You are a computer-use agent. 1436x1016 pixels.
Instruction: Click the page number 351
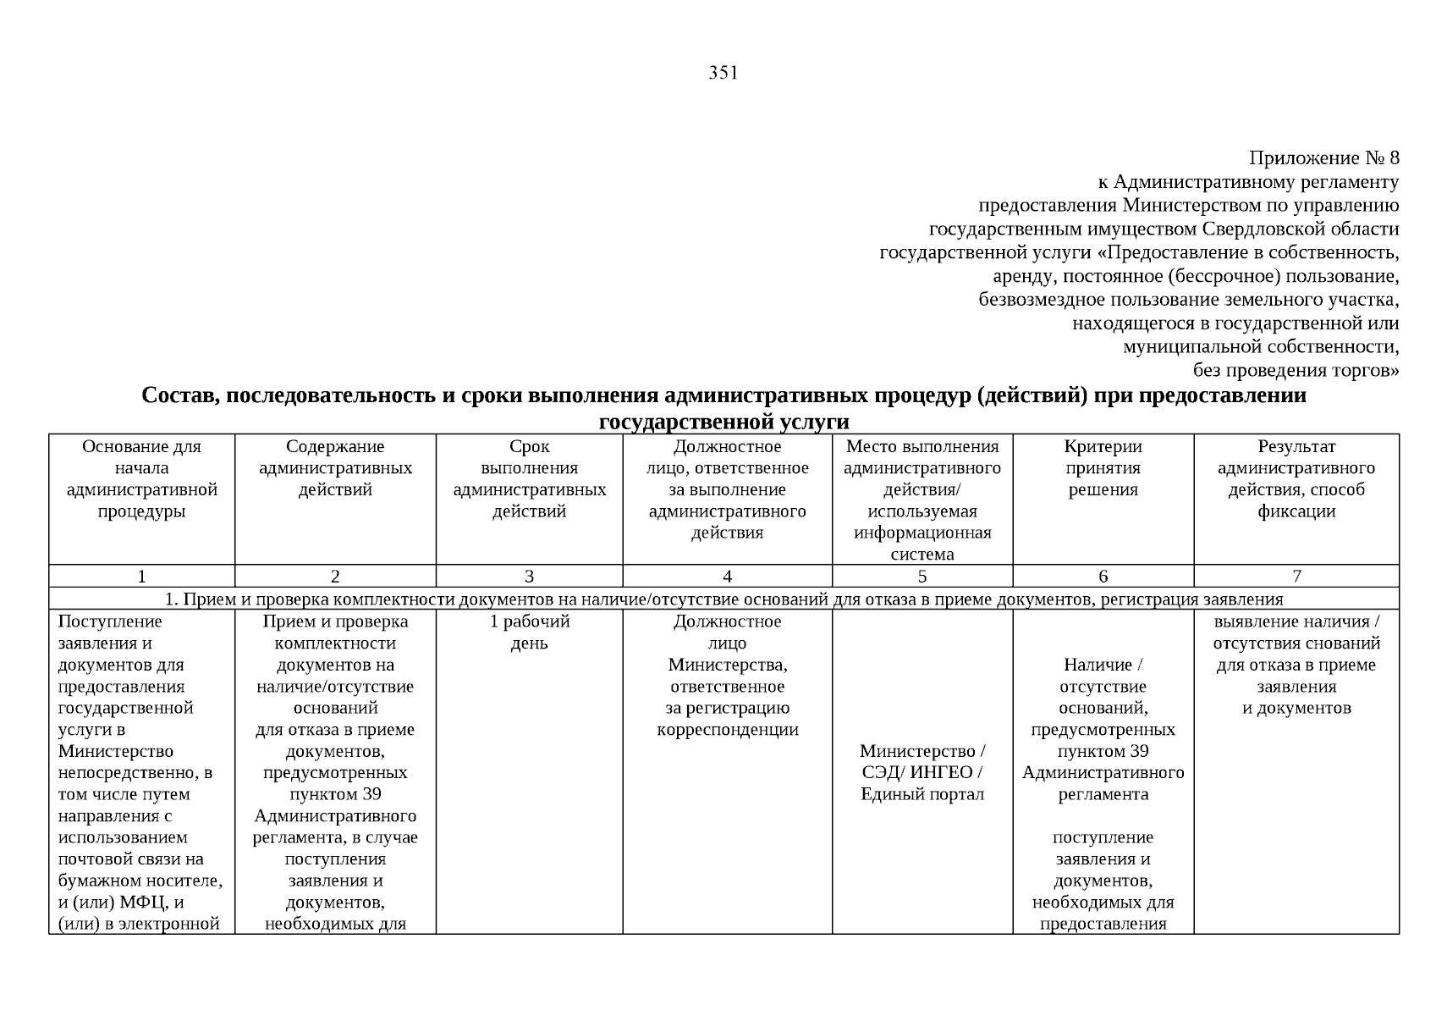[723, 73]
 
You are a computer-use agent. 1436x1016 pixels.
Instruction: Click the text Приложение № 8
[1323, 158]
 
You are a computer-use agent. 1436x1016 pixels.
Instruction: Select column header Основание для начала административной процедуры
[141, 479]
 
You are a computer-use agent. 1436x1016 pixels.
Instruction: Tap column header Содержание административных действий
[335, 468]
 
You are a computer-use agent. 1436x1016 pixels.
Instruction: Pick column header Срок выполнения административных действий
[529, 479]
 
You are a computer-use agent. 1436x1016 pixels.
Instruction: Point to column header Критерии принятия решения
[1103, 468]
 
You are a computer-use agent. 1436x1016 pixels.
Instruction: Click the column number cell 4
[727, 577]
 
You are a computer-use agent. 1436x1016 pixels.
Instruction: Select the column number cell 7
[1296, 577]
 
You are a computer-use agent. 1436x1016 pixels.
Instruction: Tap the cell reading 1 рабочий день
[529, 632]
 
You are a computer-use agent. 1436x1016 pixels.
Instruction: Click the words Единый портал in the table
[922, 794]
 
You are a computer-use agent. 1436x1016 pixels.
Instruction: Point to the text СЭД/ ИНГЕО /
[922, 773]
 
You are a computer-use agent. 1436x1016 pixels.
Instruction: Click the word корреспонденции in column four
[727, 730]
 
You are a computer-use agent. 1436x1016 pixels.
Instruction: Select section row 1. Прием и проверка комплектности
[724, 599]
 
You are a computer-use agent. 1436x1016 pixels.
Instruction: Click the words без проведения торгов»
[1296, 370]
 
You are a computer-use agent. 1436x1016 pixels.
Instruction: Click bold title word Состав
[179, 395]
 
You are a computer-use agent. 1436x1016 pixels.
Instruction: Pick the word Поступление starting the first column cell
[110, 621]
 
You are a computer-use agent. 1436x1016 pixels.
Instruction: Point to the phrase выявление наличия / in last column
[1296, 621]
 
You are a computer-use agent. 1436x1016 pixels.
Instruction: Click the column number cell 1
[141, 577]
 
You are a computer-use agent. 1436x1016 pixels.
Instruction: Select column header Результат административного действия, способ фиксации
[1296, 479]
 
